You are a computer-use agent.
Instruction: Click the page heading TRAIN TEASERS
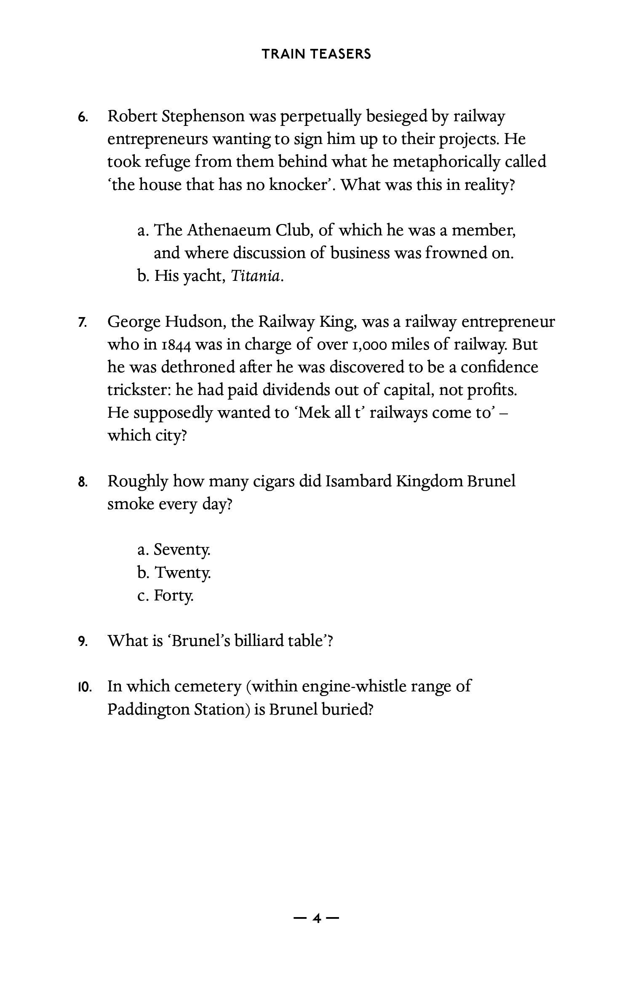click(x=316, y=54)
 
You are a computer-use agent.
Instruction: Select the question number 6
click(x=83, y=117)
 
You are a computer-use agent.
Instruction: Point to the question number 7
click(x=83, y=323)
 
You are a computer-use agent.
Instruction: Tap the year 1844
click(x=177, y=345)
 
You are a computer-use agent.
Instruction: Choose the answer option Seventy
click(x=182, y=550)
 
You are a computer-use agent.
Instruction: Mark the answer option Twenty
click(x=182, y=572)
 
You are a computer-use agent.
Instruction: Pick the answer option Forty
click(x=174, y=595)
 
